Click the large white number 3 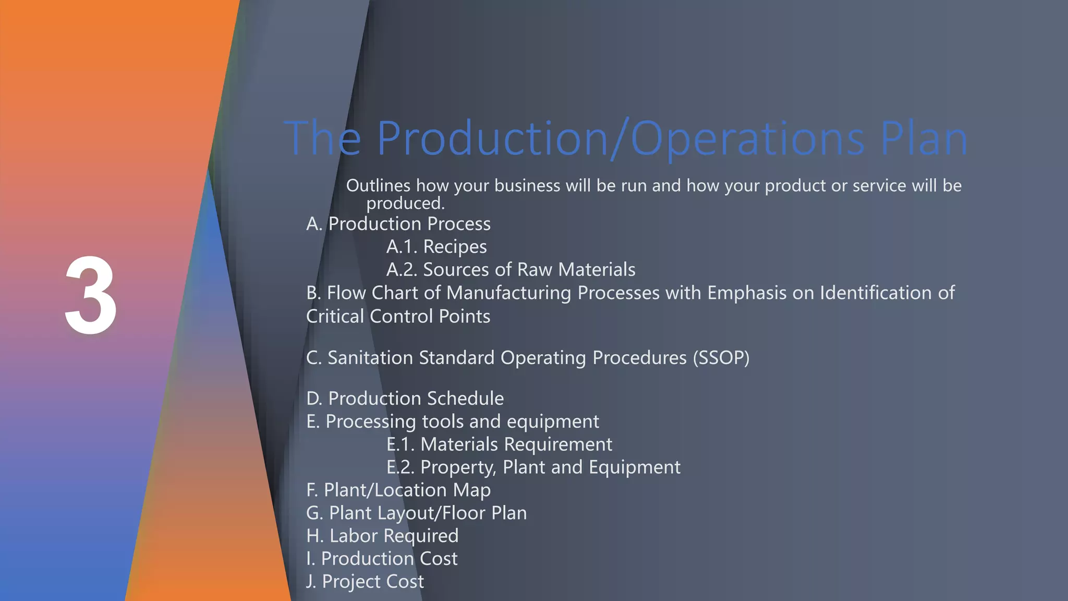tap(91, 296)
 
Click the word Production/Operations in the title tap(621, 138)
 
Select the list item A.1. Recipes tap(436, 246)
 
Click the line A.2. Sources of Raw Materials tap(511, 270)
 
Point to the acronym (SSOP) tap(721, 358)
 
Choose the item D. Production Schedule tap(405, 399)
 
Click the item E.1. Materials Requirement tap(499, 444)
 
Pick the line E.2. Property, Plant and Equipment tap(533, 467)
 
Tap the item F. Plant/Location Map tap(398, 490)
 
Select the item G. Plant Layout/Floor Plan tap(416, 513)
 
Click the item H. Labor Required tap(382, 536)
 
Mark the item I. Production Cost tap(382, 559)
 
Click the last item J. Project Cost tap(365, 582)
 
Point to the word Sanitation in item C tap(370, 358)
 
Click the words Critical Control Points tap(398, 317)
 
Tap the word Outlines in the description tap(378, 186)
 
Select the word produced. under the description tap(405, 203)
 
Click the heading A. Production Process tap(398, 224)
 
